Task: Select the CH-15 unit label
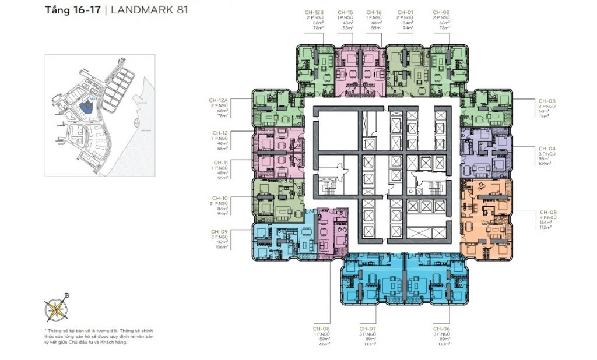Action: [346, 12]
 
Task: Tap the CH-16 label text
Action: [374, 12]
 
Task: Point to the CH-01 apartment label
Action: [405, 12]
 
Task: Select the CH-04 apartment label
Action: [547, 149]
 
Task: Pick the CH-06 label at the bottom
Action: [441, 329]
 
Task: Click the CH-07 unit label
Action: [367, 329]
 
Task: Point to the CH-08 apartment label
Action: [321, 329]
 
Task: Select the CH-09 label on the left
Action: [220, 231]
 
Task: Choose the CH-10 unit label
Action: [220, 198]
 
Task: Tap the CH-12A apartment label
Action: [219, 101]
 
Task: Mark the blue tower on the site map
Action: [87, 107]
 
